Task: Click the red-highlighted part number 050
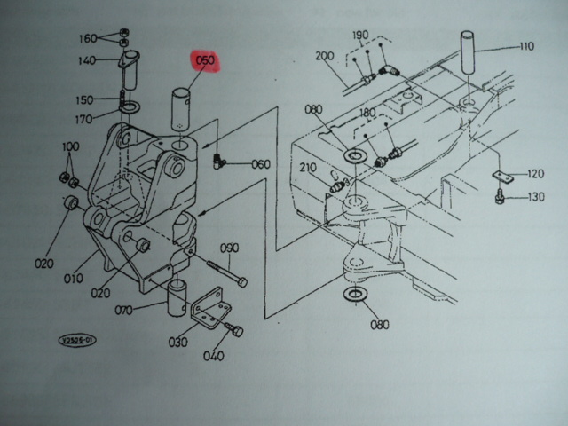(205, 61)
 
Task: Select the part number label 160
(88, 38)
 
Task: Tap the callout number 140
(86, 60)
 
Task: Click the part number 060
(260, 164)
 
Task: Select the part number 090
(230, 248)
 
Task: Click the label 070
(123, 310)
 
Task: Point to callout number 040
(214, 357)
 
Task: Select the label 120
(535, 174)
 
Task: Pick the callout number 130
(535, 197)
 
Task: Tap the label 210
(308, 168)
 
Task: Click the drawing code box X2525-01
(76, 338)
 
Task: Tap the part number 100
(70, 146)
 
